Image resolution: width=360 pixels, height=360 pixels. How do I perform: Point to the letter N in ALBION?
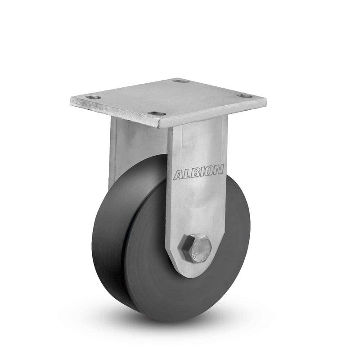tap(218, 170)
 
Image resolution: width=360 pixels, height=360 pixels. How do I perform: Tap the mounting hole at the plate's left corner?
tap(93, 97)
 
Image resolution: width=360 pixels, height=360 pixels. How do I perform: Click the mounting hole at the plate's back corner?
tap(180, 81)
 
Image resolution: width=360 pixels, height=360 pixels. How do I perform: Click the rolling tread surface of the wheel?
tap(108, 234)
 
